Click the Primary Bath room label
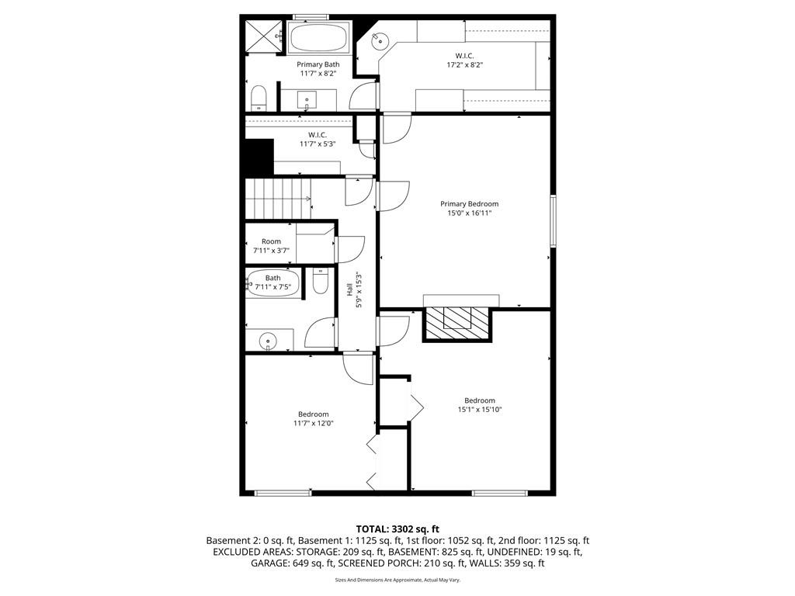tap(318, 69)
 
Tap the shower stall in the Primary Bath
tap(262, 35)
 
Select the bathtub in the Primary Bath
tap(318, 36)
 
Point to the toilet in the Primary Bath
tap(259, 97)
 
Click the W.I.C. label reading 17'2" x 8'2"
tap(464, 61)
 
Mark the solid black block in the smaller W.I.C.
tap(259, 158)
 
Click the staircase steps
tap(278, 198)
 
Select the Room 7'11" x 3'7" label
tap(271, 246)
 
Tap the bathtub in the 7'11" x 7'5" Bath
tap(273, 285)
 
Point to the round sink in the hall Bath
tap(267, 340)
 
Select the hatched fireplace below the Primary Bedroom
tap(457, 321)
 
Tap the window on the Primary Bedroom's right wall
tap(554, 221)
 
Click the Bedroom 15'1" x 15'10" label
tap(479, 405)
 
